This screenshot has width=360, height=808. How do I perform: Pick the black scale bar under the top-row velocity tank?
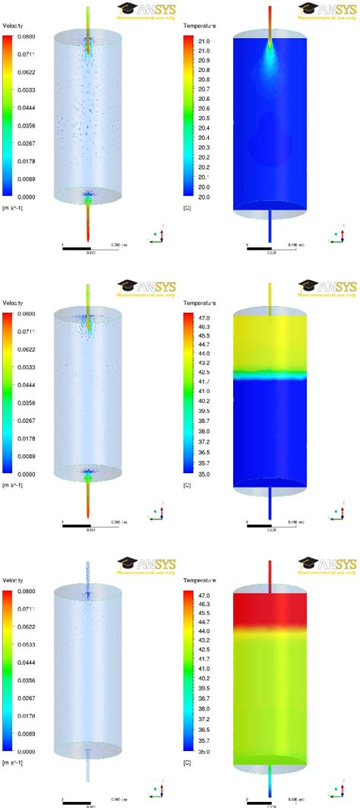pos(77,248)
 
